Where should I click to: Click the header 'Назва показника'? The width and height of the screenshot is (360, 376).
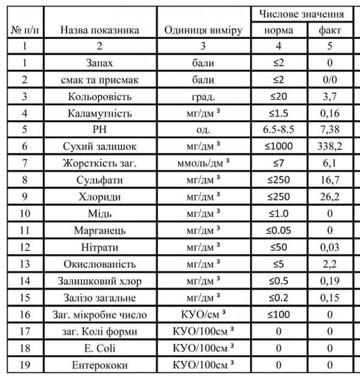coord(100,30)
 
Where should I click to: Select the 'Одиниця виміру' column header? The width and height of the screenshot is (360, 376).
coord(203,30)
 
